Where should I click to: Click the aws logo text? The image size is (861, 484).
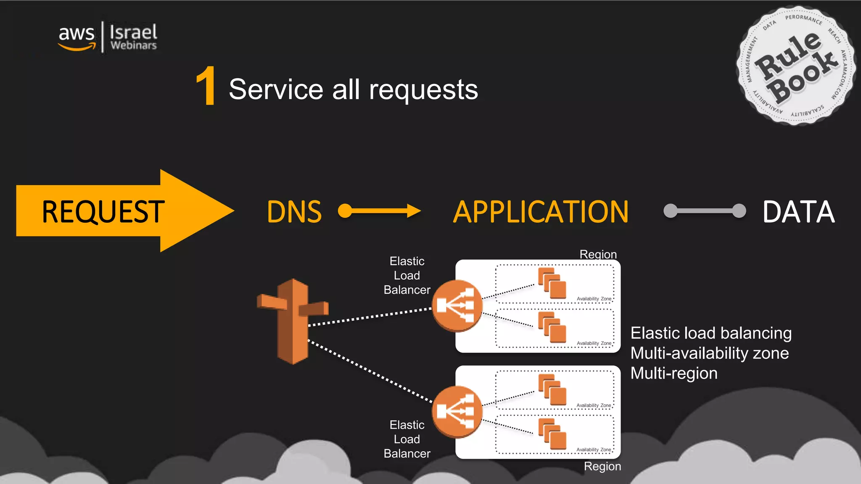(x=77, y=34)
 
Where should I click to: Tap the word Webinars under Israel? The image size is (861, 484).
(x=133, y=45)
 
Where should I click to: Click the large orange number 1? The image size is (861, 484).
(x=206, y=87)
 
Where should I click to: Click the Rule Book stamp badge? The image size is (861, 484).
(x=795, y=66)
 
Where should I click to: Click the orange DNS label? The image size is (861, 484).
(x=294, y=212)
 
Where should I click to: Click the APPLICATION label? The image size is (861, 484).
(x=541, y=212)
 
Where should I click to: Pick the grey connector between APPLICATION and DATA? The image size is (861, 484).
(x=705, y=210)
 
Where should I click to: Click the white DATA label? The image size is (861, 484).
(x=798, y=212)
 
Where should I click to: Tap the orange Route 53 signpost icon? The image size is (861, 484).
(x=293, y=321)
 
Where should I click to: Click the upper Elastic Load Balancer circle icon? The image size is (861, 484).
(x=457, y=306)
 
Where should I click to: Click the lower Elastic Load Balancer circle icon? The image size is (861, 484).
(x=457, y=412)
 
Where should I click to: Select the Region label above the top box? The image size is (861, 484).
(x=598, y=254)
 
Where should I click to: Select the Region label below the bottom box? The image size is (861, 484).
(x=602, y=466)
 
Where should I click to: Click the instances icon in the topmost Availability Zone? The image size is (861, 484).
(x=552, y=283)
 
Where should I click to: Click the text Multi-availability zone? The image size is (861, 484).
(x=709, y=353)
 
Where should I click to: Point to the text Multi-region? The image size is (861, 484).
(x=673, y=374)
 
